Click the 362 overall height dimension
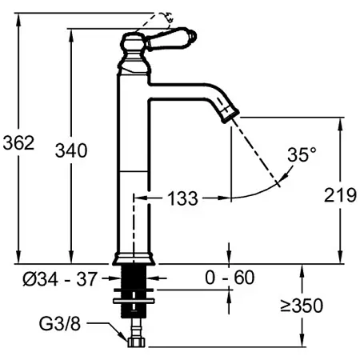tap(18, 142)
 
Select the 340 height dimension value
tap(71, 150)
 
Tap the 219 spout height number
tap(340, 195)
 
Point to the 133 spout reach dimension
tap(182, 198)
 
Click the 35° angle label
tap(302, 154)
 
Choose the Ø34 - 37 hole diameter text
tap(60, 279)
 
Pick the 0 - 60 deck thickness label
tap(230, 278)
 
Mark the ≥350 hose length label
tap(302, 306)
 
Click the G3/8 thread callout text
tap(60, 324)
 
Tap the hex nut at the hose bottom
tap(136, 342)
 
